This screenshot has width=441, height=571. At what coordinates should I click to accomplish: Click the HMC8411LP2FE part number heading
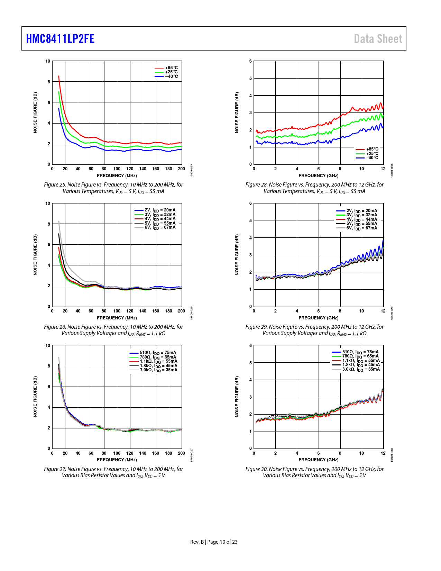(60, 39)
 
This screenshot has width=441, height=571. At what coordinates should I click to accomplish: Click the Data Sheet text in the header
(378, 39)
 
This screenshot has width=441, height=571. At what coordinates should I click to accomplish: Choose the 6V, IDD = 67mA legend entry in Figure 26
(160, 227)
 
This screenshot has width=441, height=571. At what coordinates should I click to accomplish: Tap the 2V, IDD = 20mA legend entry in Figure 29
(361, 211)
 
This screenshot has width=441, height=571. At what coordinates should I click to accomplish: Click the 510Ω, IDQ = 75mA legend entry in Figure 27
(158, 353)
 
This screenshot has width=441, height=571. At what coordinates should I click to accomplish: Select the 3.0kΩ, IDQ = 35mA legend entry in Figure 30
(361, 369)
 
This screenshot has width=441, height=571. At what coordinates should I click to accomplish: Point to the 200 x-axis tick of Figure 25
(181, 169)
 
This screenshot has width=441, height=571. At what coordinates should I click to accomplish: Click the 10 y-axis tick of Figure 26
(48, 203)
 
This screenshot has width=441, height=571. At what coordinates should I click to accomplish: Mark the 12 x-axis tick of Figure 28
(383, 169)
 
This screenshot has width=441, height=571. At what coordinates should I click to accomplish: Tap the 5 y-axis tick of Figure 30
(251, 363)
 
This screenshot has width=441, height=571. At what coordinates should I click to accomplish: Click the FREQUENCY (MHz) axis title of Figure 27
(117, 460)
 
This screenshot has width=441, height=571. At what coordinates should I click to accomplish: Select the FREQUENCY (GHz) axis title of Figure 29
(318, 318)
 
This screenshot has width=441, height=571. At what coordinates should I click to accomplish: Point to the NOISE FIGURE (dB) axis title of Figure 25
(35, 112)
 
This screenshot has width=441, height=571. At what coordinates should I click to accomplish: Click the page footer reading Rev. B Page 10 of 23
(214, 542)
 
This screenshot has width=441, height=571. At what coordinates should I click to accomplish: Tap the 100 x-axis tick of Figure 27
(117, 453)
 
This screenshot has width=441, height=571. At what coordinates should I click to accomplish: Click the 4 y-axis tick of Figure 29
(251, 238)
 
